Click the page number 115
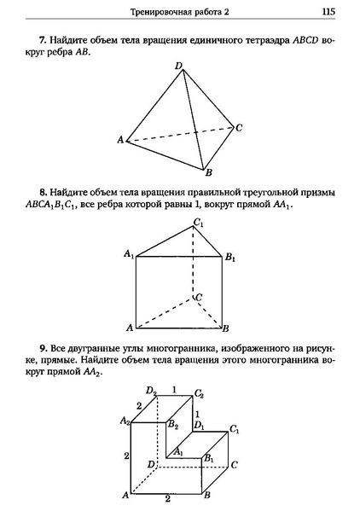(x=328, y=12)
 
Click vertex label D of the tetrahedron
(x=177, y=66)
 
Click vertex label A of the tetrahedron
(x=121, y=140)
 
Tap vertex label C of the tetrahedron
(x=240, y=128)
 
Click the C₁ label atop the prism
(x=198, y=224)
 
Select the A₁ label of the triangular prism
(x=128, y=254)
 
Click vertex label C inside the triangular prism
(x=198, y=298)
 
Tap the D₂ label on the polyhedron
(x=150, y=392)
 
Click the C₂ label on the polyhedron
(x=199, y=393)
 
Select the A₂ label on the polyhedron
(x=125, y=420)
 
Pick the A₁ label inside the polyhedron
(x=177, y=452)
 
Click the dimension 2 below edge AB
(x=168, y=500)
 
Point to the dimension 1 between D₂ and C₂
(x=175, y=389)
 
